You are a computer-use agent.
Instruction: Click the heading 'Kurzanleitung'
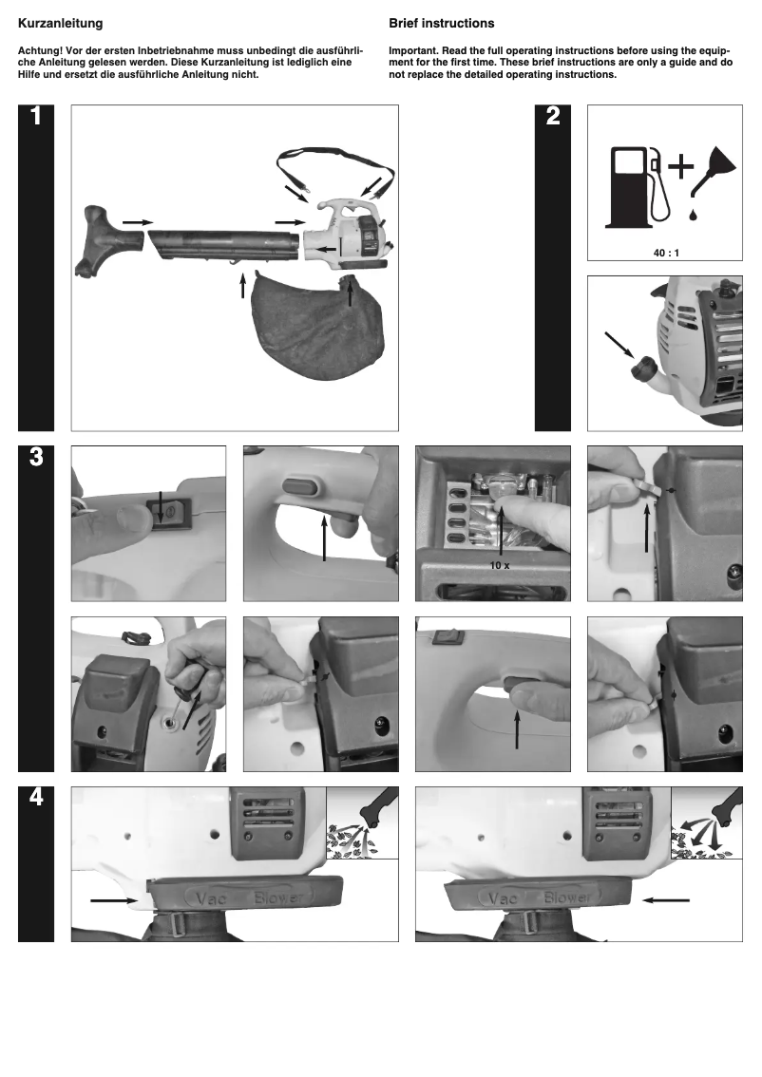click(61, 23)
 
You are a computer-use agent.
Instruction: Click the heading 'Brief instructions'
click(441, 23)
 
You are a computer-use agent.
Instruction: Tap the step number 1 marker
click(35, 118)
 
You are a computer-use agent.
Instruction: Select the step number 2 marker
click(553, 118)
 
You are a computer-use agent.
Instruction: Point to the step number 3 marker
click(35, 457)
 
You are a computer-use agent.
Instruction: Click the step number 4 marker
click(35, 798)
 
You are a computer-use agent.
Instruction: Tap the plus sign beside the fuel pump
click(680, 167)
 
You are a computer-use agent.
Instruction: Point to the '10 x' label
click(500, 566)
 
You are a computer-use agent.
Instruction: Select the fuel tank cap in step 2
click(646, 366)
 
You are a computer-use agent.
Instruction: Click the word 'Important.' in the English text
click(414, 50)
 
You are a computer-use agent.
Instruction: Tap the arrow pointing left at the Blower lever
click(665, 897)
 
